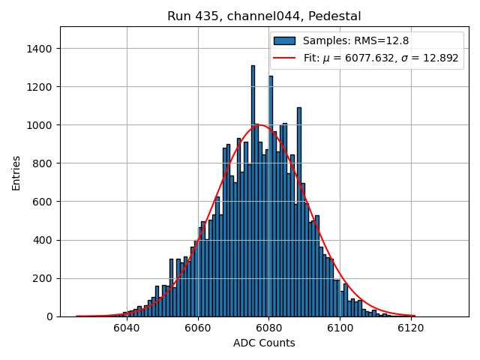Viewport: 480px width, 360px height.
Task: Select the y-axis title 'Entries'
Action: coord(16,172)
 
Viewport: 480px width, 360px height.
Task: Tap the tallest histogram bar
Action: coord(253,187)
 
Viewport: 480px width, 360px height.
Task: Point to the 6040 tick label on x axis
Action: coord(126,328)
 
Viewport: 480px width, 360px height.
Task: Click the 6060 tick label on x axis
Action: coord(197,328)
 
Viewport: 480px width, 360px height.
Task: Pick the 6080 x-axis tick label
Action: coord(268,328)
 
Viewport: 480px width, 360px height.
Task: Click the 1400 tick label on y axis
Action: coord(40,49)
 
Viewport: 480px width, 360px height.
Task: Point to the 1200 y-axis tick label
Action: coord(40,87)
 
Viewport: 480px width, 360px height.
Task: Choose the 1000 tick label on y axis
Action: coord(40,125)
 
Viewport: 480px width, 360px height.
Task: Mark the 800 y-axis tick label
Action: coord(43,163)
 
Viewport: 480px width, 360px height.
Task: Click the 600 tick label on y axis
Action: coord(43,202)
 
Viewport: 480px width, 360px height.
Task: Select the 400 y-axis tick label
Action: coord(43,240)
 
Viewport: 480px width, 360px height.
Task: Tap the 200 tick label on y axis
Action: coord(43,278)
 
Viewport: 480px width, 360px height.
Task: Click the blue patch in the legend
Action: coord(285,40)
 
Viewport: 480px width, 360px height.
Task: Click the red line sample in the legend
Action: coord(285,58)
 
